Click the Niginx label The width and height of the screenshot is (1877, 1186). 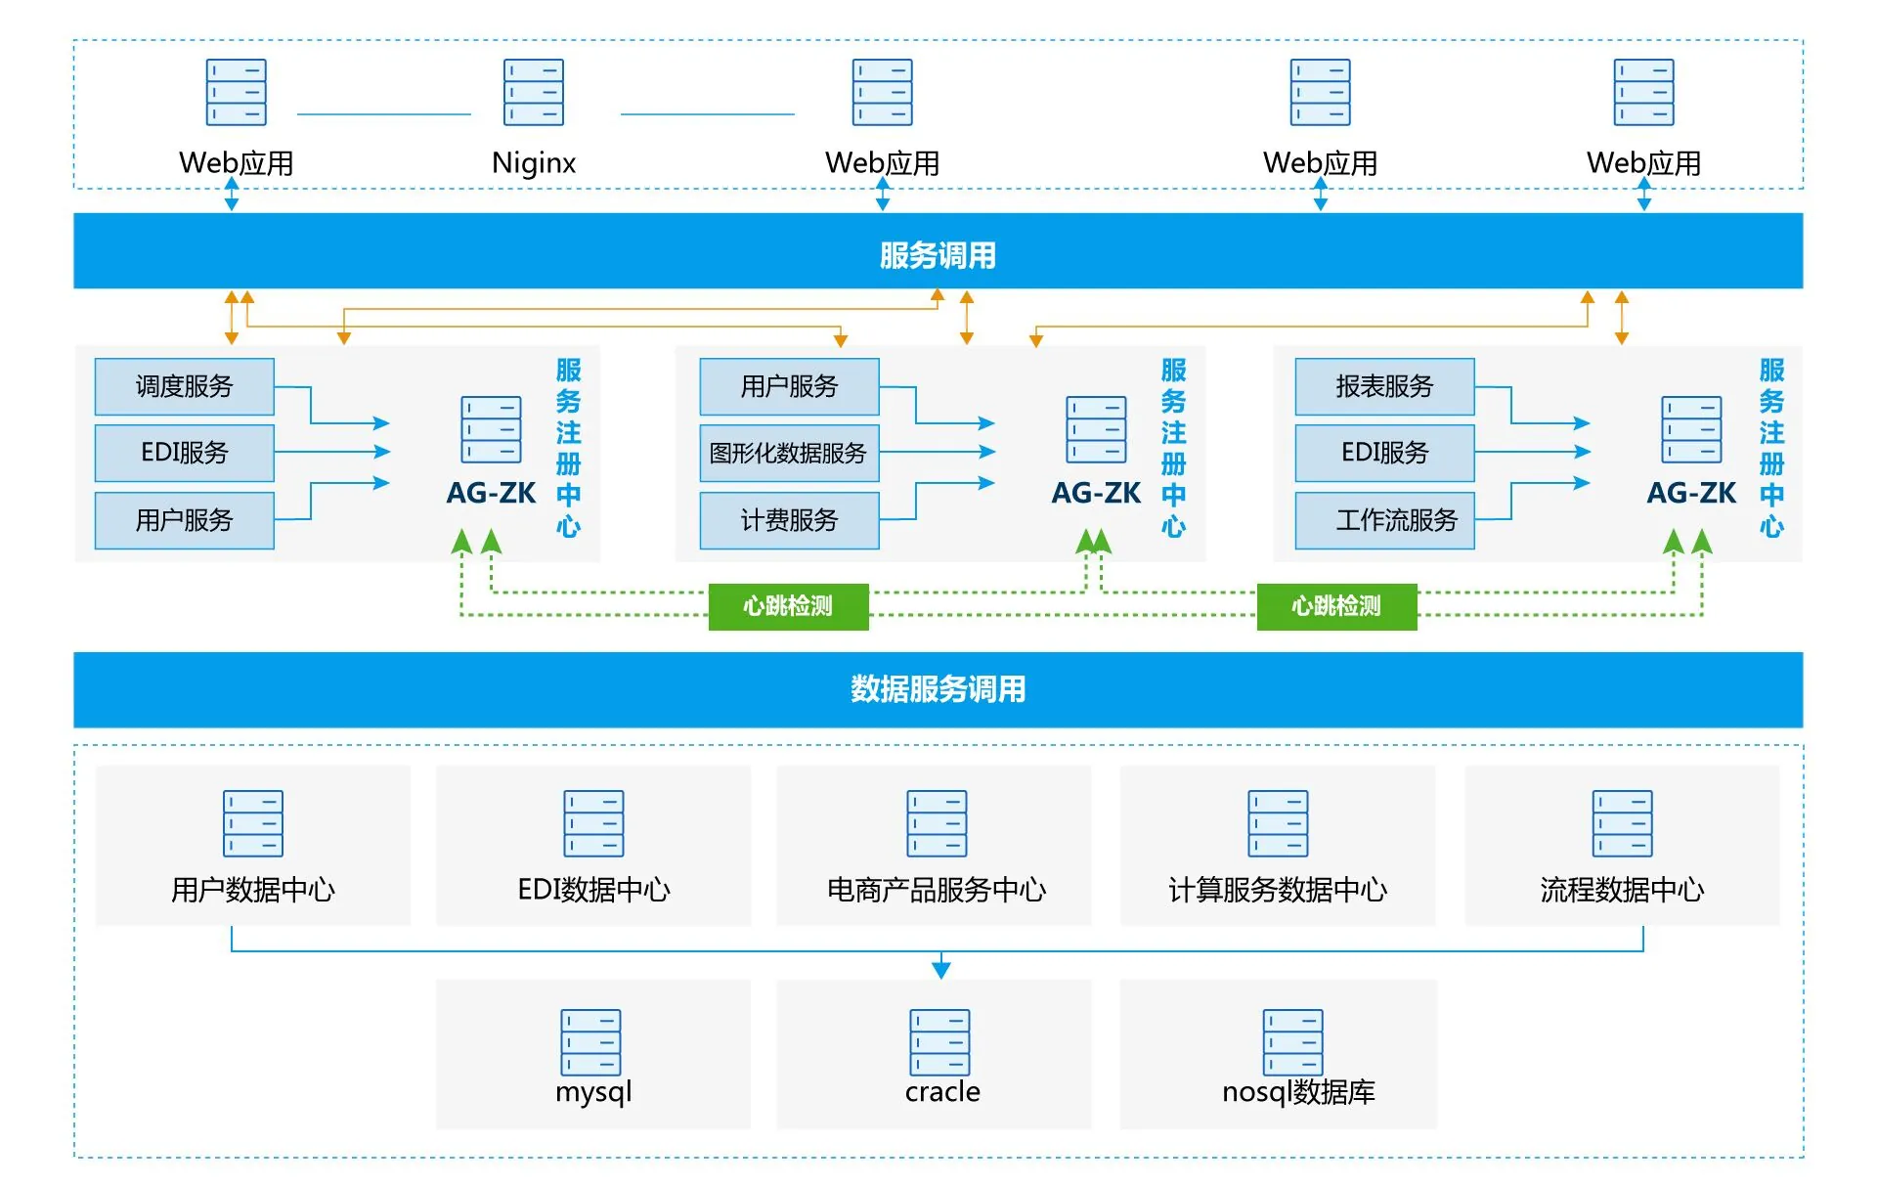(x=534, y=162)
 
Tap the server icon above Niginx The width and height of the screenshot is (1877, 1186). (x=534, y=92)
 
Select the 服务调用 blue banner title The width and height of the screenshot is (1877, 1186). (x=938, y=255)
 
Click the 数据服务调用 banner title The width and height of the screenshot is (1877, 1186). (x=938, y=689)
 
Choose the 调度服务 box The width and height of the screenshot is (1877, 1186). (x=184, y=386)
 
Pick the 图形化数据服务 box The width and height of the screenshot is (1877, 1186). (x=789, y=453)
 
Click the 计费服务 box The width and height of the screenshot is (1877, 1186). (x=789, y=520)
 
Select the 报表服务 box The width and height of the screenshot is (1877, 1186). (x=1384, y=386)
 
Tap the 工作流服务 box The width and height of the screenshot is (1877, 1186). (x=1384, y=520)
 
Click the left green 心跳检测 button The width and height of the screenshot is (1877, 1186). (x=788, y=606)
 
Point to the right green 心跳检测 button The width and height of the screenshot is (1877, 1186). (x=1336, y=606)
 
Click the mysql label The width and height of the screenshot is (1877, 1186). (x=593, y=1091)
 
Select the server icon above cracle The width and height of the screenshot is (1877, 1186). (x=939, y=1042)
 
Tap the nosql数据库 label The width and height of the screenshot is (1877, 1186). (x=1298, y=1091)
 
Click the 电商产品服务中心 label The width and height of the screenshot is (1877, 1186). (x=937, y=890)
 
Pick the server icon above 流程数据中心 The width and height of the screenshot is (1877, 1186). (x=1622, y=823)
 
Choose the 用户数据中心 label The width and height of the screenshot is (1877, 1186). (x=253, y=890)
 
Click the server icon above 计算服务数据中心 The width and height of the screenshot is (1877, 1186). (x=1278, y=823)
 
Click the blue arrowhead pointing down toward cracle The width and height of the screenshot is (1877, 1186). (x=941, y=969)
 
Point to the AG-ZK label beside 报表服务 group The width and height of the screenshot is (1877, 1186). (x=1691, y=493)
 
